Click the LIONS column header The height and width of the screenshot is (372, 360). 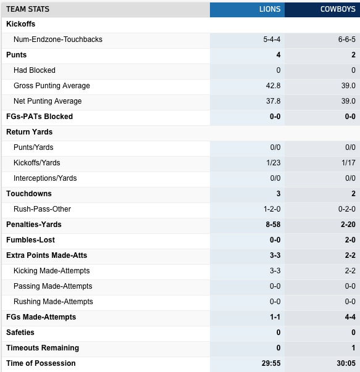270,9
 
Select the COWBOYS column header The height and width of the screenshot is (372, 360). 338,9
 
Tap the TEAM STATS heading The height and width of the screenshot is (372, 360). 28,9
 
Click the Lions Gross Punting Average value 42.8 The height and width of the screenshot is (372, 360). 273,86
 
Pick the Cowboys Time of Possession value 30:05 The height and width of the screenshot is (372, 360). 346,363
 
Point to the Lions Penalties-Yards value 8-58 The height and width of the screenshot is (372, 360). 273,225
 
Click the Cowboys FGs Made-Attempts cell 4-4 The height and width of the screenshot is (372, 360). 350,317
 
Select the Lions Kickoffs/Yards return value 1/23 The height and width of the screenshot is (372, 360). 274,163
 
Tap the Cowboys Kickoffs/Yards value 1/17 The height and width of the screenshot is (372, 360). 349,163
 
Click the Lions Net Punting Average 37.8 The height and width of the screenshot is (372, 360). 273,101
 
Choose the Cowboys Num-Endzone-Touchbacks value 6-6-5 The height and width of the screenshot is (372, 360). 346,39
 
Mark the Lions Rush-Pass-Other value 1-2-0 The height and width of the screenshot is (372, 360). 272,209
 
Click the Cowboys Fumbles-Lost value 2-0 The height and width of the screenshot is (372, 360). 350,240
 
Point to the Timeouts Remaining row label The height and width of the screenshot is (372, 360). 43,348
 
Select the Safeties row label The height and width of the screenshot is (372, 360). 20,333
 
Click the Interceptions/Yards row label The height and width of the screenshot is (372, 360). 45,178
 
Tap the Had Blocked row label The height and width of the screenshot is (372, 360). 35,70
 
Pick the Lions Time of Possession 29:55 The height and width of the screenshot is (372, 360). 271,363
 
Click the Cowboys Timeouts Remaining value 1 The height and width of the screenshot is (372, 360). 353,348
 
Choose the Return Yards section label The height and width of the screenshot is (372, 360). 29,132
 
